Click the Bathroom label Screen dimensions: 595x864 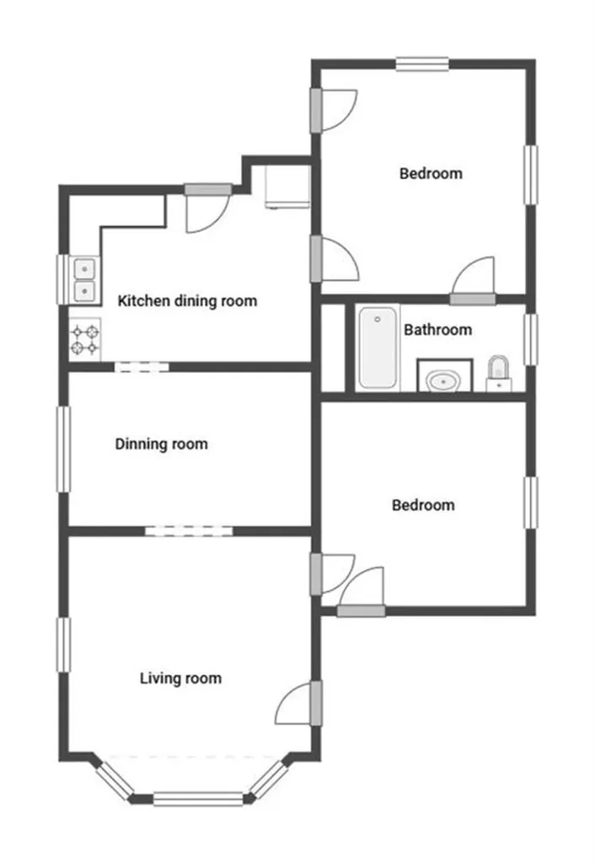[437, 330]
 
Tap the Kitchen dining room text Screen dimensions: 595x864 [187, 301]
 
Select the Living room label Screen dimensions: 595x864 [180, 678]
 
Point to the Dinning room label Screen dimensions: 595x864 [161, 444]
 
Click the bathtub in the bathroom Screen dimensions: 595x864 [378, 348]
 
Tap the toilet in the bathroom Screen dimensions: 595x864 [499, 374]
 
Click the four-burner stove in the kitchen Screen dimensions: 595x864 [85, 339]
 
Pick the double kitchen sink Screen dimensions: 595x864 [85, 280]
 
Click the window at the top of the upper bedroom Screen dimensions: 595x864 [422, 64]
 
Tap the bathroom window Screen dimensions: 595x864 [531, 339]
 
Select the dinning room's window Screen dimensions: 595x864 [64, 449]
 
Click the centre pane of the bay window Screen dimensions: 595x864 [197, 798]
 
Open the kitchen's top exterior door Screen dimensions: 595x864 [208, 208]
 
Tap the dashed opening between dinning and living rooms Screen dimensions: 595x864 [189, 532]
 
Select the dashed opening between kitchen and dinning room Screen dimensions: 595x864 [142, 366]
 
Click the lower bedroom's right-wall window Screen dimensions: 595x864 [531, 503]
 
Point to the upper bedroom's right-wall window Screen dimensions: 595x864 [531, 175]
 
